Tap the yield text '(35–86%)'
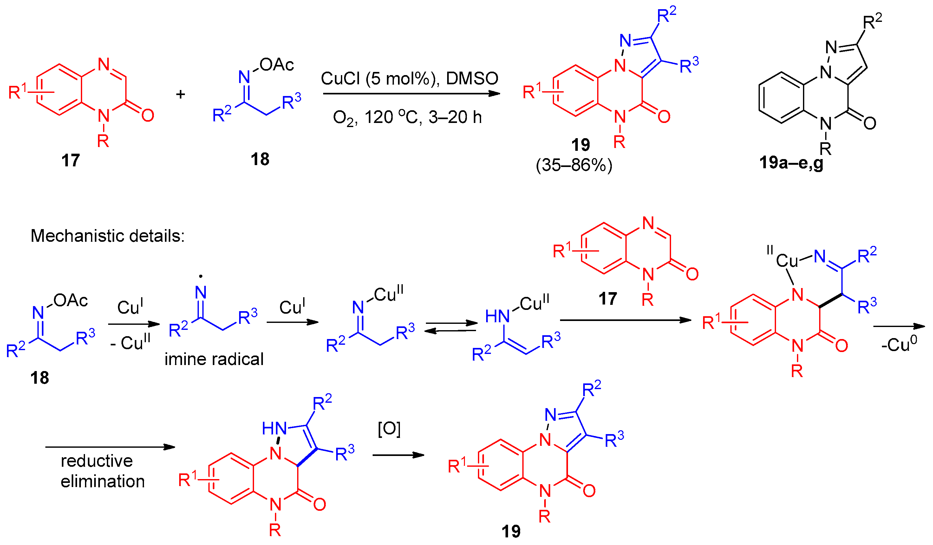(574, 165)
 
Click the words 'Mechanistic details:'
(108, 236)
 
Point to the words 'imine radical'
(214, 359)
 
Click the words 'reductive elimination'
(102, 471)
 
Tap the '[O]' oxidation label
(389, 428)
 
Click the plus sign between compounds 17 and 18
(180, 94)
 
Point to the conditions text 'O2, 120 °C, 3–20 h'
(407, 118)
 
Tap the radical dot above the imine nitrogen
(201, 276)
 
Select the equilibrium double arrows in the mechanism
(451, 327)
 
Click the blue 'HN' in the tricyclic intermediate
(274, 428)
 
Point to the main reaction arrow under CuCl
(411, 93)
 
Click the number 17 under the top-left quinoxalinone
(70, 160)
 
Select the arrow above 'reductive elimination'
(110, 447)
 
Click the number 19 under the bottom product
(511, 532)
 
